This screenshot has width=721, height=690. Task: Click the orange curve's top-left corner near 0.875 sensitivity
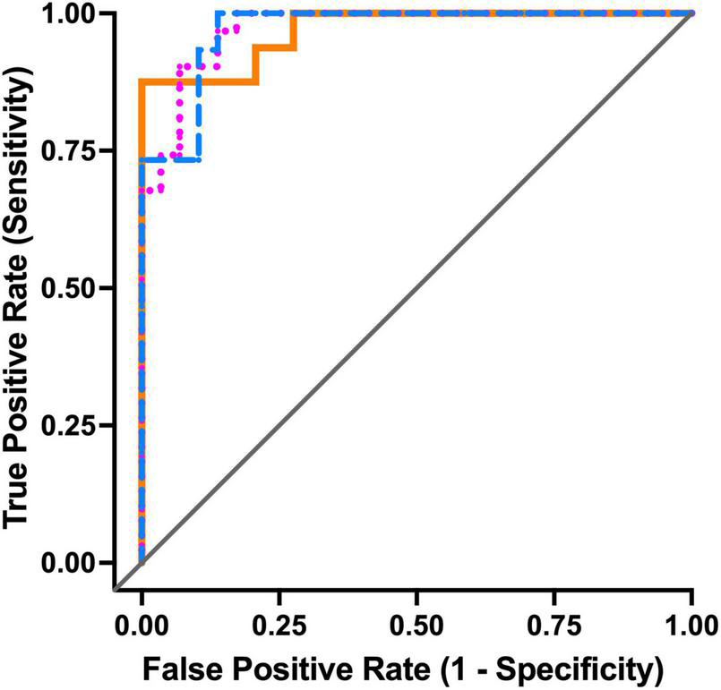coord(142,82)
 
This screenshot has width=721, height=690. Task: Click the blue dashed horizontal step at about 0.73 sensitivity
coord(170,159)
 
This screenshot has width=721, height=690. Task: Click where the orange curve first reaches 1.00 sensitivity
coord(294,14)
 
